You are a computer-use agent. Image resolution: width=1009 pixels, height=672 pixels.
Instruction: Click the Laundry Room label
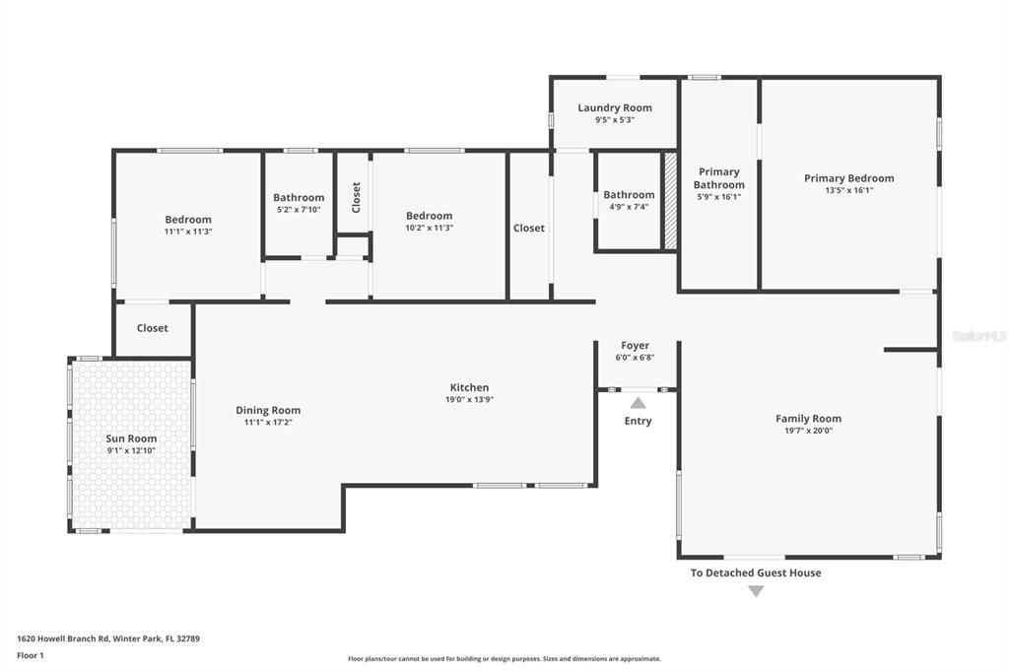614,107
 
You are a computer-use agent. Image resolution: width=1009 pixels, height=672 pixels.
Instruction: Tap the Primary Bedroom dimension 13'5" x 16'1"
848,190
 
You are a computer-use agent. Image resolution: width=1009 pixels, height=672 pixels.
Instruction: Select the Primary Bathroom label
718,178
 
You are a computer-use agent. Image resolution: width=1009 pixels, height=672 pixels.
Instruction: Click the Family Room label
808,419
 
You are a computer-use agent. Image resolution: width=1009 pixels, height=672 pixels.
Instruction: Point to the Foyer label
635,346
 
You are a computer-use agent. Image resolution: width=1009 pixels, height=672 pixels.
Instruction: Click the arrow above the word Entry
638,403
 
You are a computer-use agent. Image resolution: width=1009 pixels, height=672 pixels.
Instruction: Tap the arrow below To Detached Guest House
755,591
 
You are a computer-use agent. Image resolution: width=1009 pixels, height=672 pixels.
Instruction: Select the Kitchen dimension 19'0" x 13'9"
469,400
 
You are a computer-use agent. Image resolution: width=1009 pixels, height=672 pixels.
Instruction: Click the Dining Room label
268,410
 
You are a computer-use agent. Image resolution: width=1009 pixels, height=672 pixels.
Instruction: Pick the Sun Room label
131,438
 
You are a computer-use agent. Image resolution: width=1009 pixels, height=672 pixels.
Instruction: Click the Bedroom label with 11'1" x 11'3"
187,220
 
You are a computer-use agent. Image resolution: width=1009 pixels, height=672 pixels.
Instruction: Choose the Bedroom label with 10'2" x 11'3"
429,216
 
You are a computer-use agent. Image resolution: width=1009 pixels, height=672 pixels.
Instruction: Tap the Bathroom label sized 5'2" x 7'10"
299,197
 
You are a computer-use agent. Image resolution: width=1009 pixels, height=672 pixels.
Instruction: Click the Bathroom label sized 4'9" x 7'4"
629,195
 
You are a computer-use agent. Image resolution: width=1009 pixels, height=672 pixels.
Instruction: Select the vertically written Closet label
356,196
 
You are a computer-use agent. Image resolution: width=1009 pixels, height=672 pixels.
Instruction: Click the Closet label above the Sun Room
152,328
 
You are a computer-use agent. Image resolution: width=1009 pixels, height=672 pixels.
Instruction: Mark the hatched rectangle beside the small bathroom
670,201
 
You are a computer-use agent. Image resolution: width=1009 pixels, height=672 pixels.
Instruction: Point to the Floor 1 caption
31,655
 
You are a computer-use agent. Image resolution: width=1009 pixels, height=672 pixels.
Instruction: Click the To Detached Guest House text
755,572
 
